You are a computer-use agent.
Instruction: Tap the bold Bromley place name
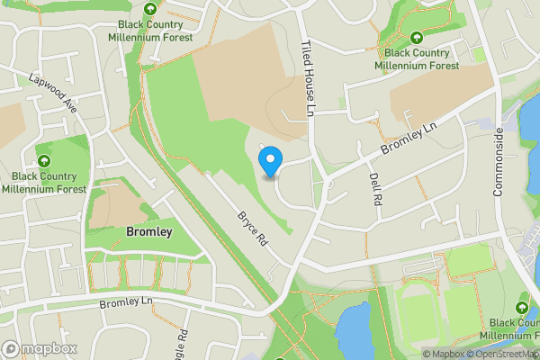[x=143, y=232]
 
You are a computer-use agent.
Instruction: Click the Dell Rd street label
[x=376, y=189]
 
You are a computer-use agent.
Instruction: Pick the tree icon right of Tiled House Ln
[x=417, y=37]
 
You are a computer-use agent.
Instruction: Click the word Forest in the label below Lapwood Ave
[x=68, y=189]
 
